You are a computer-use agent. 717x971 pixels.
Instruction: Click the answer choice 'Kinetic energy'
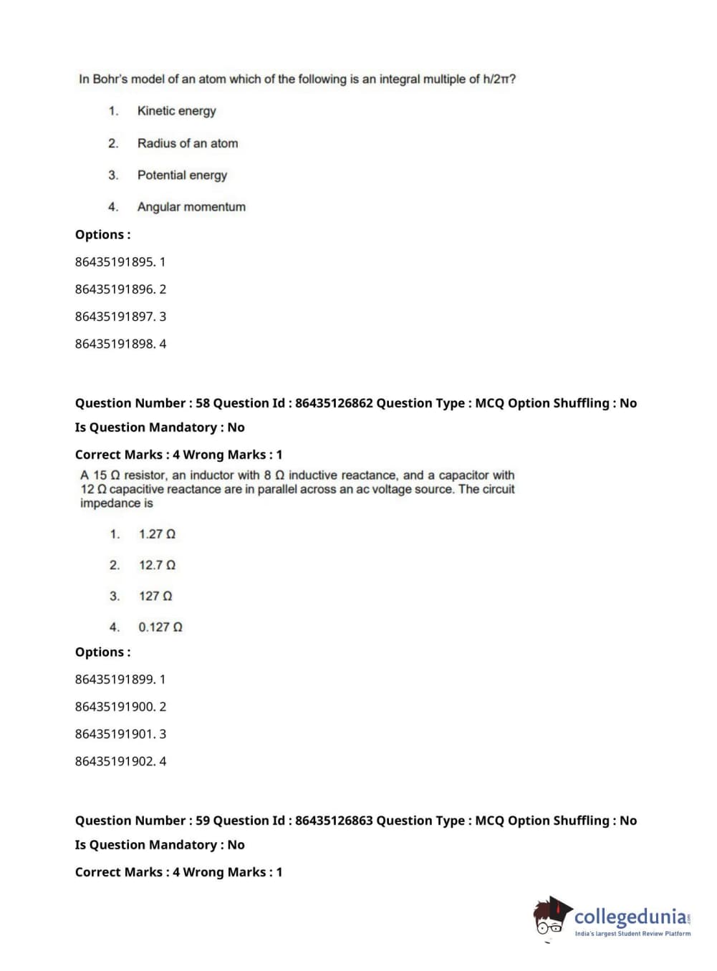tap(176, 111)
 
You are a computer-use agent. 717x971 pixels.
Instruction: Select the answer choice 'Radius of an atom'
tap(188, 143)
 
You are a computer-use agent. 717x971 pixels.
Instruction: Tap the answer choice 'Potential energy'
tap(182, 175)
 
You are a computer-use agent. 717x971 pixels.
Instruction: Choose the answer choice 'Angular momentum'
tap(191, 207)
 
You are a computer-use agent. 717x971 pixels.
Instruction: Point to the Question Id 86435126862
tap(334, 403)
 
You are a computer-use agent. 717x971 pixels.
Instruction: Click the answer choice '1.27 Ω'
tap(157, 534)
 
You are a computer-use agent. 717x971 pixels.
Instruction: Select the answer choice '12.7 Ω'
tap(157, 565)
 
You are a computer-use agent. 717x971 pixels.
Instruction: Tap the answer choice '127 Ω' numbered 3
tap(155, 596)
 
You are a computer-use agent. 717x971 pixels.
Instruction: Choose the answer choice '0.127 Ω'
tap(160, 627)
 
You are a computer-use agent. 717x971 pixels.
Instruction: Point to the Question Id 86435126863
tap(334, 821)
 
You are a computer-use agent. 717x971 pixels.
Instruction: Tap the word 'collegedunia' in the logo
tap(630, 917)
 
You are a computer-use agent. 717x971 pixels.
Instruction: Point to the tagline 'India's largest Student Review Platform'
tap(632, 934)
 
